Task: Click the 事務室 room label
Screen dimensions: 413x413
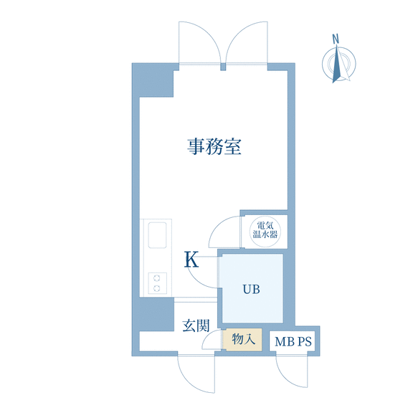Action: (214, 146)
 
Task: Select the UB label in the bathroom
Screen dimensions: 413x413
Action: (251, 289)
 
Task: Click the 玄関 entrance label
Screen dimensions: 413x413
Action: (196, 326)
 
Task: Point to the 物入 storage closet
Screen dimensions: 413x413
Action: (242, 339)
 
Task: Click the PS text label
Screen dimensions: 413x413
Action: (305, 341)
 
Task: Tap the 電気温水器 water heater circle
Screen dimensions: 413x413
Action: (265, 232)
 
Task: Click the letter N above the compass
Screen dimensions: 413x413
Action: (336, 39)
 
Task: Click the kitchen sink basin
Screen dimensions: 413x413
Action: (157, 235)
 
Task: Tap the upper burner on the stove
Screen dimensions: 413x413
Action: (157, 278)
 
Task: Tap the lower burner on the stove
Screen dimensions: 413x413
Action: (157, 288)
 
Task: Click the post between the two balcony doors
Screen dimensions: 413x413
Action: (223, 67)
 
